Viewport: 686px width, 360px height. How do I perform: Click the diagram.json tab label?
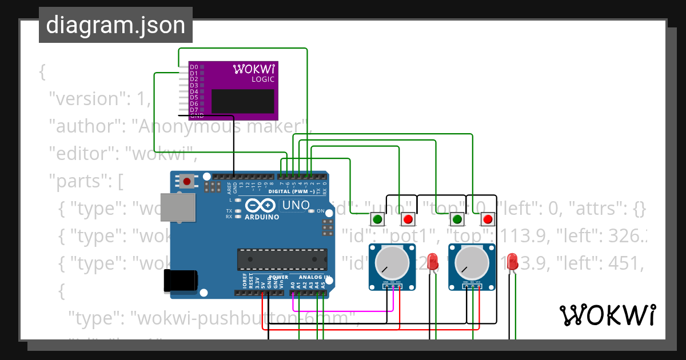(x=115, y=25)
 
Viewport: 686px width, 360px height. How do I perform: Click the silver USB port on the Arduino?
(x=178, y=207)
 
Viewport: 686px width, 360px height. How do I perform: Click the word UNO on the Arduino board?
(x=296, y=205)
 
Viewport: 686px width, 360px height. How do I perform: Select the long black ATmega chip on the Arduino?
(x=282, y=259)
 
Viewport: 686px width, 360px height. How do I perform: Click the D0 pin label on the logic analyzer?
(x=194, y=67)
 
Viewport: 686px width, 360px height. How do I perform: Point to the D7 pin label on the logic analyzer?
(x=194, y=110)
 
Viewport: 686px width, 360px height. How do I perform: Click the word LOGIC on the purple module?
(x=263, y=79)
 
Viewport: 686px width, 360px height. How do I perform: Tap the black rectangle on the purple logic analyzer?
(x=242, y=101)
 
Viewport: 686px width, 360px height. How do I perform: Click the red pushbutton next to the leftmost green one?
(x=408, y=219)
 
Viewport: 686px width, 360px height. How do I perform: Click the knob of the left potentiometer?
(x=392, y=262)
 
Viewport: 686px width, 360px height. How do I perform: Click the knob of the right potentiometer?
(x=472, y=262)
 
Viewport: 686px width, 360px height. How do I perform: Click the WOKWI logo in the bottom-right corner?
(x=607, y=315)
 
